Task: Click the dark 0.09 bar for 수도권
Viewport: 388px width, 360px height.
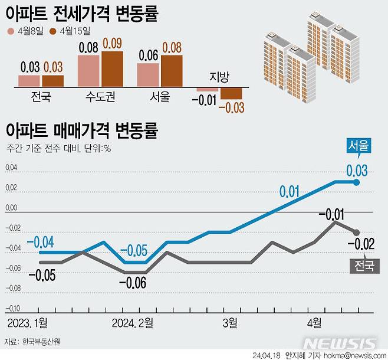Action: pyautogui.click(x=112, y=69)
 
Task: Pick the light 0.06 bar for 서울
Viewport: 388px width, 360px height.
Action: pyautogui.click(x=148, y=75)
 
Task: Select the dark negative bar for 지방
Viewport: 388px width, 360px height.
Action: pyautogui.click(x=231, y=93)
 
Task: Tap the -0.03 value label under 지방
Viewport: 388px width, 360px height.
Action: pyautogui.click(x=231, y=107)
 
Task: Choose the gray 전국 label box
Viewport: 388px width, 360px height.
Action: pyautogui.click(x=363, y=266)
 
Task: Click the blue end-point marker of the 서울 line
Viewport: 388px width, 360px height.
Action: pyautogui.click(x=357, y=182)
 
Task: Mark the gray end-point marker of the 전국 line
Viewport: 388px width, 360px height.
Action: pyautogui.click(x=357, y=232)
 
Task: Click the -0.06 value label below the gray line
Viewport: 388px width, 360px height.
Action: pyautogui.click(x=133, y=283)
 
